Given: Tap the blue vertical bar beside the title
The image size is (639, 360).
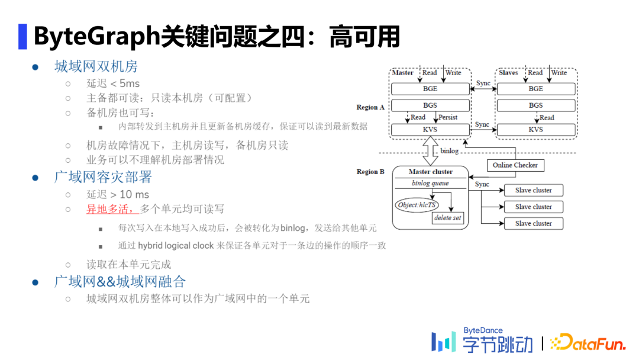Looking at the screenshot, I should [x=22, y=36].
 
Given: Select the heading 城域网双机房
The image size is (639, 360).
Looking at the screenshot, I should [x=96, y=66].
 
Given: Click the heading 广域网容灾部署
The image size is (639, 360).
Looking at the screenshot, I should [x=103, y=177].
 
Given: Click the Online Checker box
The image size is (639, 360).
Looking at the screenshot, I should [x=515, y=165].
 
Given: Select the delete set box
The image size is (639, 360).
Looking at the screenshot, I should [x=447, y=218].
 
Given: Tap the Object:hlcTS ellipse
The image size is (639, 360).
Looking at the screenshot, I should [x=417, y=205].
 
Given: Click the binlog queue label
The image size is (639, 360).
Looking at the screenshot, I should [x=430, y=184].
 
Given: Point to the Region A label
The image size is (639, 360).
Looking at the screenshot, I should [x=370, y=107].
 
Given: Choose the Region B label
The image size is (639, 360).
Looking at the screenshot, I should [x=370, y=172].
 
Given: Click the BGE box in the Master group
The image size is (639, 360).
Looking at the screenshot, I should [x=430, y=89].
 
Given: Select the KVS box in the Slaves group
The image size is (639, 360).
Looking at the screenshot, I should [x=535, y=129].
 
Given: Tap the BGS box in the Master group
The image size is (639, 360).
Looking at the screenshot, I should [x=430, y=105].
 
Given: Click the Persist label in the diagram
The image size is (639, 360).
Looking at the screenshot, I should [x=448, y=117].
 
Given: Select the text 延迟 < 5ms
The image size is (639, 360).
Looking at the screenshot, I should [x=113, y=83].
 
